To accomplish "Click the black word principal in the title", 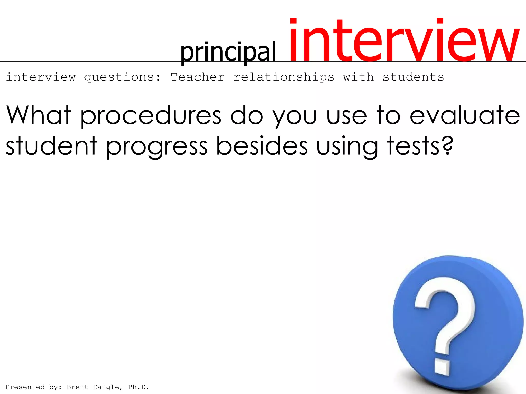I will click(x=228, y=53).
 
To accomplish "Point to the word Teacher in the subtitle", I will click(x=198, y=77).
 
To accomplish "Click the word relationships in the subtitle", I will click(x=284, y=77).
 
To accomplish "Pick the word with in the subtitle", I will click(x=359, y=77).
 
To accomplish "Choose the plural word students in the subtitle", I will click(x=413, y=77).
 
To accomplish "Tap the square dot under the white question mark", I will click(x=442, y=367).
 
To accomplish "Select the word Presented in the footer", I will click(x=25, y=387).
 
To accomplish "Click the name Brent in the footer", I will click(x=77, y=387).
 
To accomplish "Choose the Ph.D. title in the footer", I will click(x=138, y=387).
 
